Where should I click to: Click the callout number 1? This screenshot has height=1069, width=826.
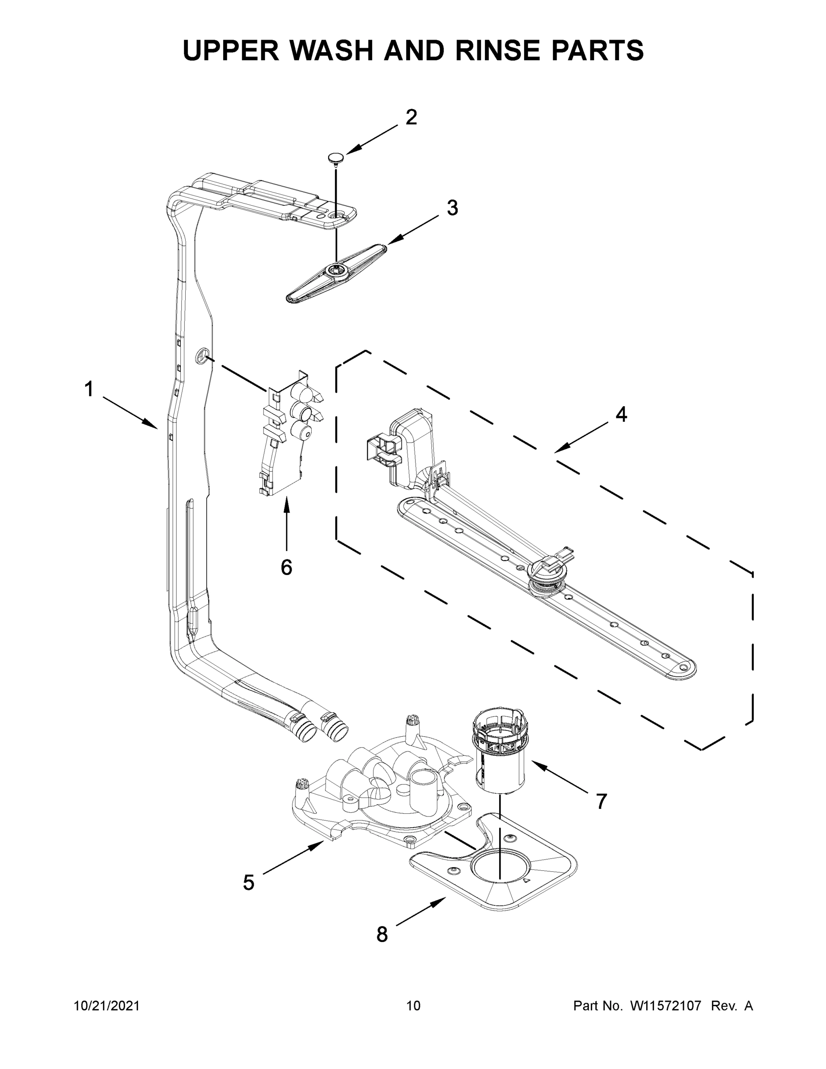click(x=89, y=390)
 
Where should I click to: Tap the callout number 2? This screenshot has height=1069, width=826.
click(x=411, y=118)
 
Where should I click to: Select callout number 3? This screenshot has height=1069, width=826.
click(x=452, y=208)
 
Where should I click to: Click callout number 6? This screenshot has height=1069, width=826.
click(x=286, y=567)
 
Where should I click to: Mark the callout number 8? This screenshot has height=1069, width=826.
click(x=382, y=934)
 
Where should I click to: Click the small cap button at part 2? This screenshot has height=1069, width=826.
click(x=336, y=157)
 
